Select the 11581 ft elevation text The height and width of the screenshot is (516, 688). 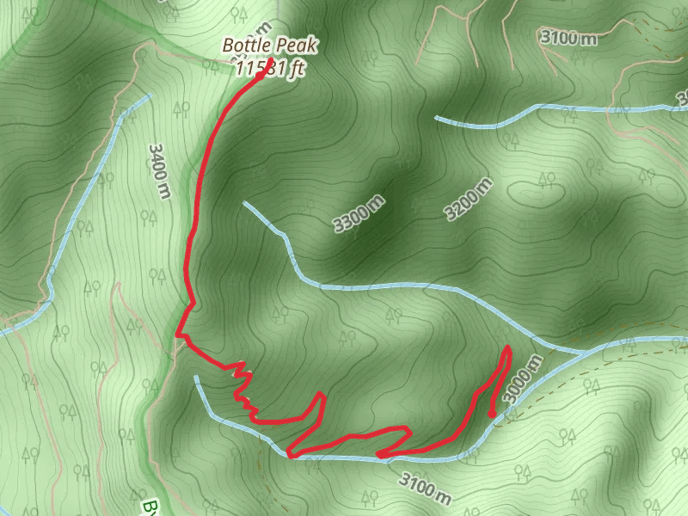(x=269, y=69)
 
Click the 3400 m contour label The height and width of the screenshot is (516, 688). (x=159, y=170)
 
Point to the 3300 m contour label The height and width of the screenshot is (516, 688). (x=359, y=213)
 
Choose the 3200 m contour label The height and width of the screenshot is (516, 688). (x=470, y=200)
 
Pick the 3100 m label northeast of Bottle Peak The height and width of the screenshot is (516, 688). (x=568, y=37)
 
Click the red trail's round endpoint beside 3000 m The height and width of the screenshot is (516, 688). (x=492, y=415)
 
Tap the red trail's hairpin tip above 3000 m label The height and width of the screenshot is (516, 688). (x=508, y=348)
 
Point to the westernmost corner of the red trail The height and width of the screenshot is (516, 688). (x=178, y=334)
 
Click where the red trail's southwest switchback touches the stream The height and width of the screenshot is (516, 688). (x=291, y=455)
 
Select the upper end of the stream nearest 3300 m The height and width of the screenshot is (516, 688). (x=245, y=204)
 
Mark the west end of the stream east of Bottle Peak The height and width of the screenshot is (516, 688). (x=437, y=117)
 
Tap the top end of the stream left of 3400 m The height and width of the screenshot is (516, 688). (x=149, y=95)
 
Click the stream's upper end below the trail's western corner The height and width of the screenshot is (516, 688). (x=196, y=377)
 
